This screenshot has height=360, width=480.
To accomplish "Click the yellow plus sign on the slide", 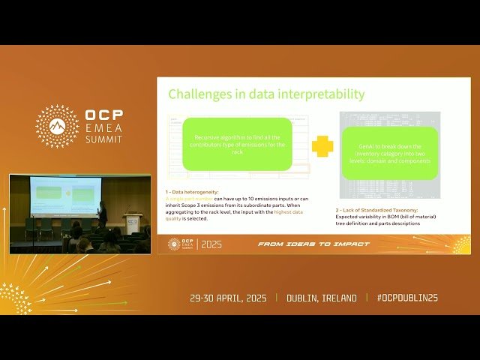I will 322,145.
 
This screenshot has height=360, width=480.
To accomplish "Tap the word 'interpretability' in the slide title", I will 325,94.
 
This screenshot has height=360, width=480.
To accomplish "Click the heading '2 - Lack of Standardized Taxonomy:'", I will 376,210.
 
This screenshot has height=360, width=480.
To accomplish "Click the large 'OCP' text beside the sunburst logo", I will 104,117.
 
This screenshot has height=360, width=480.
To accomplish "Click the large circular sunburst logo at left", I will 57,126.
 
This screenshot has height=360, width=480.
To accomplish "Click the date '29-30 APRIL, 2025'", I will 229,298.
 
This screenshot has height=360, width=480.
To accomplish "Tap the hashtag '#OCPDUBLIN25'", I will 407,298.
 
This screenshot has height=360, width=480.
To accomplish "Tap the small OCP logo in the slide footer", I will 175,244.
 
